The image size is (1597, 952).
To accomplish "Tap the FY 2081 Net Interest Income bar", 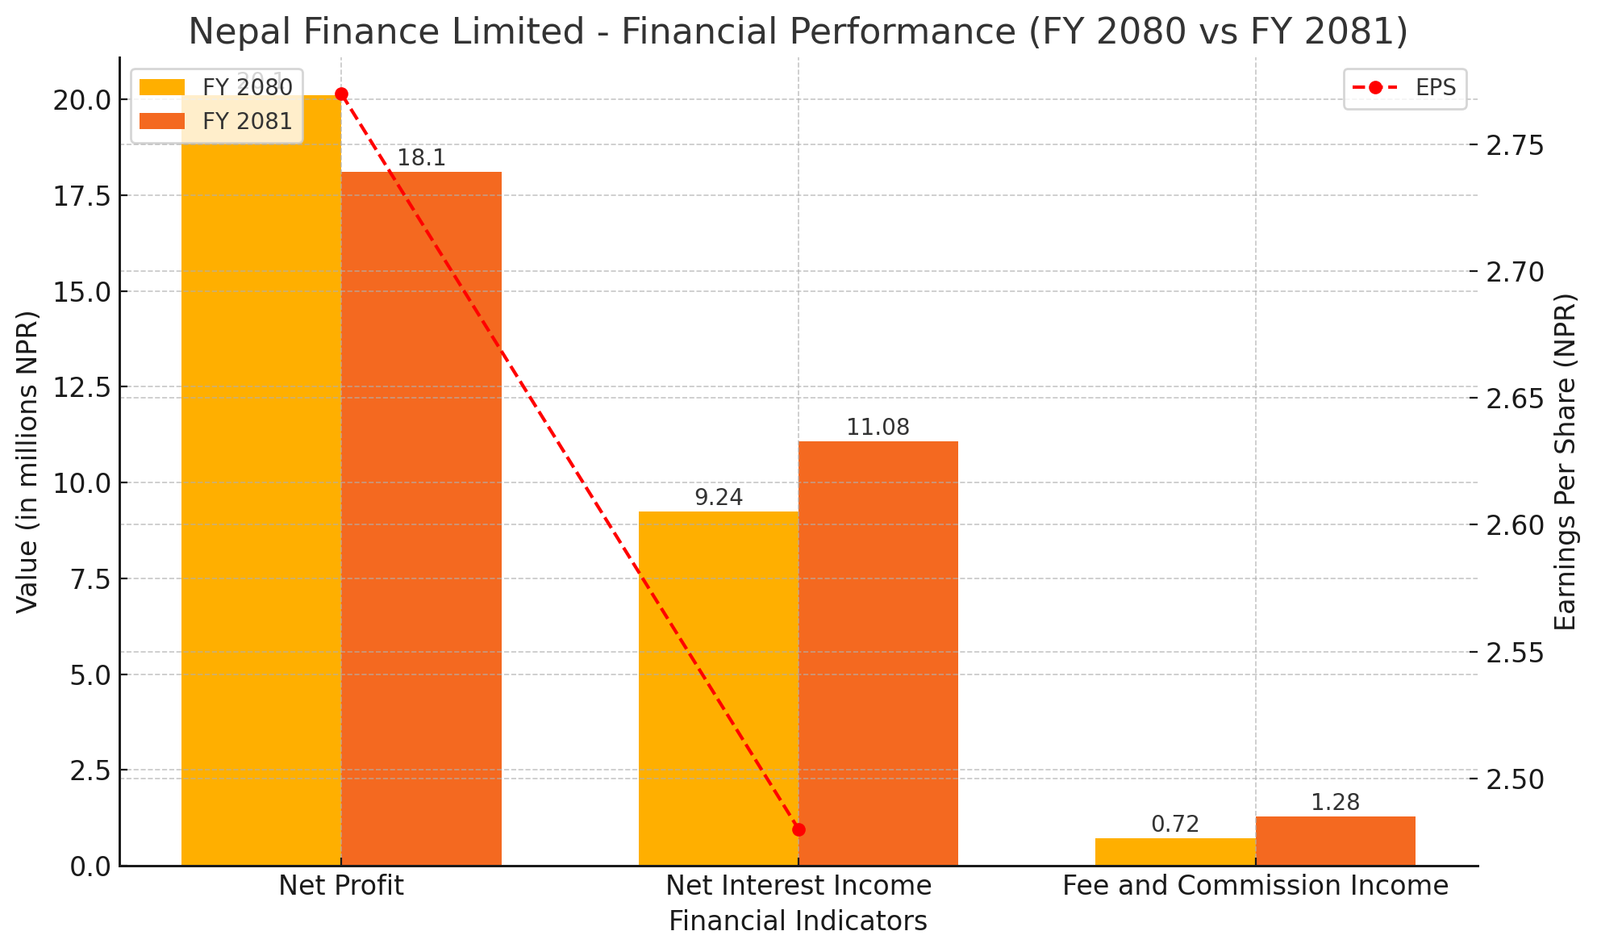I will (x=878, y=653).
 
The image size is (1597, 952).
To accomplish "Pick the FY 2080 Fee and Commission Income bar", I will (x=1175, y=852).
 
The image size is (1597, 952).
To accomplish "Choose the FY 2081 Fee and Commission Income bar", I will (x=1335, y=841).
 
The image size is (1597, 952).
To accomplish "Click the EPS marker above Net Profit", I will (x=341, y=94).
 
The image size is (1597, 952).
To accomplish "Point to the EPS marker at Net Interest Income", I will (x=798, y=829).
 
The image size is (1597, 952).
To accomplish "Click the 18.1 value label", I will (x=421, y=158).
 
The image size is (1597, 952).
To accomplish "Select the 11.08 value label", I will (x=878, y=428).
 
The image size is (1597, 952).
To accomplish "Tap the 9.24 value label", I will (x=719, y=498).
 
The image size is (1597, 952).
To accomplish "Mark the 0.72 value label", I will (x=1175, y=825).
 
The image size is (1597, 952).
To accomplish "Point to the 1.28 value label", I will (x=1335, y=803).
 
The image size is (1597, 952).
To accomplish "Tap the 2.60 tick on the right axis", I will (x=1515, y=525).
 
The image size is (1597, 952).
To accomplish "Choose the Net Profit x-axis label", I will (x=341, y=886).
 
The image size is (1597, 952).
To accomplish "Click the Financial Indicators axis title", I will (x=798, y=921).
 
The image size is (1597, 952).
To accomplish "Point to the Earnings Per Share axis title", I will (x=1565, y=461).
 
